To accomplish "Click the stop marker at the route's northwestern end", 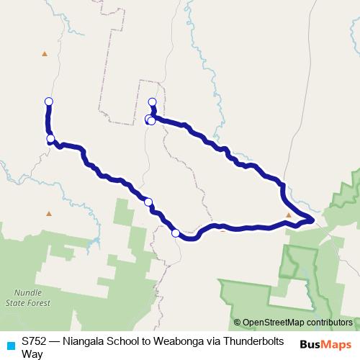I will tap(49, 102).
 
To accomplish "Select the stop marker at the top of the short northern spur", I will tap(152, 102).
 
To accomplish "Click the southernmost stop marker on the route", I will tap(176, 233).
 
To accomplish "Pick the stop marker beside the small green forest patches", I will tap(148, 202).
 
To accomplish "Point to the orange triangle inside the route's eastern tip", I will tap(289, 215).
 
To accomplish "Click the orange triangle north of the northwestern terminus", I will tap(45, 53).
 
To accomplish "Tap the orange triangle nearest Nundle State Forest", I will tap(49, 213).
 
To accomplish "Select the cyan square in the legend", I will tap(10, 345).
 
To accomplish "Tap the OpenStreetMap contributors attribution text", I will tap(297, 323).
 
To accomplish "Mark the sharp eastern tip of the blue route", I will tap(314, 220).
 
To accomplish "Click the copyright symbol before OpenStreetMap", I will tap(237, 323).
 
